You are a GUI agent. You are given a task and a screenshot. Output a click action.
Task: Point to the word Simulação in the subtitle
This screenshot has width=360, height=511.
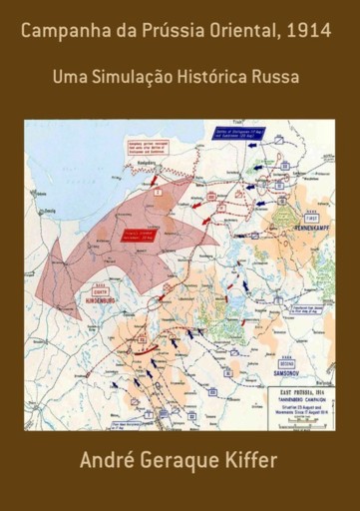136,75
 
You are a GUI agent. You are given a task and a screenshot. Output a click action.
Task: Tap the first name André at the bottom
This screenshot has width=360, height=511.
107,461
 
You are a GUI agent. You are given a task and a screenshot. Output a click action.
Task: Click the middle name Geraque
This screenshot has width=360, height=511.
185,463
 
